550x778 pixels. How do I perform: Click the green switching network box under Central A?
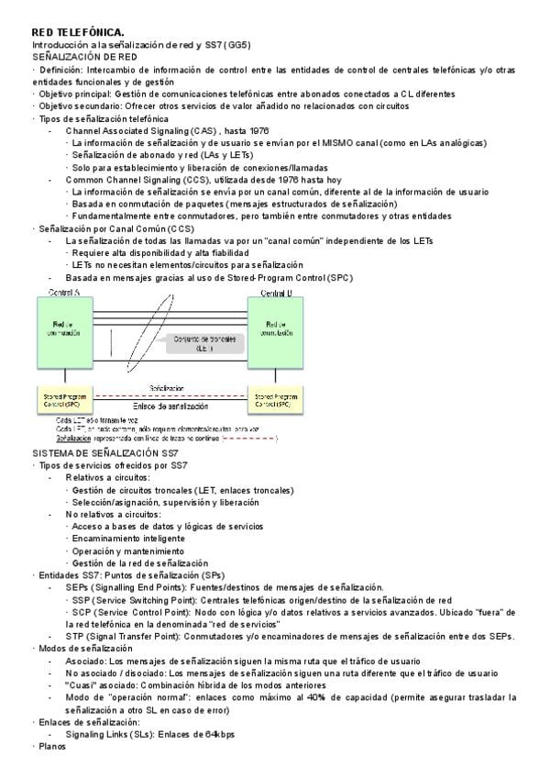pyautogui.click(x=63, y=329)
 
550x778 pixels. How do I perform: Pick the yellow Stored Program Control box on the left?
pyautogui.click(x=62, y=400)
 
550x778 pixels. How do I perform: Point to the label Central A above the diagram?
pyautogui.click(x=62, y=293)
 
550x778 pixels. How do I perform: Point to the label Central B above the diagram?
pyautogui.click(x=277, y=293)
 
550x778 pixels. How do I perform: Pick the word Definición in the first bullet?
pyautogui.click(x=60, y=70)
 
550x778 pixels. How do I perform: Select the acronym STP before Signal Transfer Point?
pyautogui.click(x=75, y=636)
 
